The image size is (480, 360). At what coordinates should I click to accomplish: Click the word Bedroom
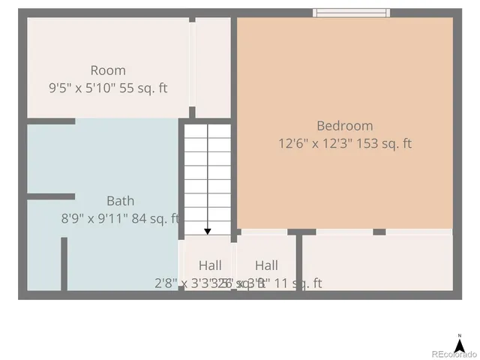(x=344, y=126)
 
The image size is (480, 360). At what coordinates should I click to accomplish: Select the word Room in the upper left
(x=108, y=70)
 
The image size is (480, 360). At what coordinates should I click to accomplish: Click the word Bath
(x=120, y=201)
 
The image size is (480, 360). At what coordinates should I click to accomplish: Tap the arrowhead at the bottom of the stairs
(x=208, y=231)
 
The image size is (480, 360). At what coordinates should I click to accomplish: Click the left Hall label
(x=210, y=265)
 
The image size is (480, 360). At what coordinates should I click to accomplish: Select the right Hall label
(x=266, y=265)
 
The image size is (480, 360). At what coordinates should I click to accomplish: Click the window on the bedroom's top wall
(x=351, y=12)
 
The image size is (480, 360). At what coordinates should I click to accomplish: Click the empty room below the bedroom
(x=377, y=262)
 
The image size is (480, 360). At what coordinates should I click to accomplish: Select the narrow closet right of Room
(x=213, y=67)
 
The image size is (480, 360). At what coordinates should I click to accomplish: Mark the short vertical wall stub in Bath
(x=64, y=263)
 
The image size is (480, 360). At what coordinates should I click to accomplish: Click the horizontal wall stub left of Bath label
(x=51, y=196)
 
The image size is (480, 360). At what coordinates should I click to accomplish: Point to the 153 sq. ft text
(x=387, y=143)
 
